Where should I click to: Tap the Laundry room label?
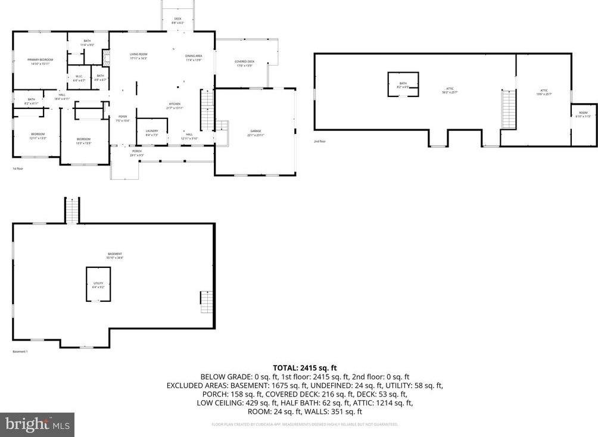[x=152, y=132]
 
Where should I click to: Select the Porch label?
[x=137, y=153]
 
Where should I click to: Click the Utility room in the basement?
[x=98, y=285]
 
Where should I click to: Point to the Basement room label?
[x=115, y=255]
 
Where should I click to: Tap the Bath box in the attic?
[x=403, y=85]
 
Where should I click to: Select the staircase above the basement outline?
[x=72, y=211]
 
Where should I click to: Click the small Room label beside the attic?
[x=583, y=114]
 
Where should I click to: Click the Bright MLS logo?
[x=38, y=425]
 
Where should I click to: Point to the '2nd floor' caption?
[x=320, y=141]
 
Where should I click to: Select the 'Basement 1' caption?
[x=20, y=351]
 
